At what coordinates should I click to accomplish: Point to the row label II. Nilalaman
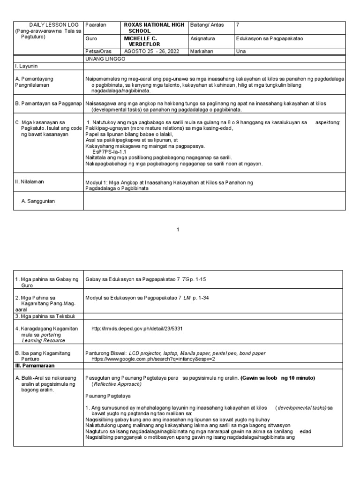click(29, 181)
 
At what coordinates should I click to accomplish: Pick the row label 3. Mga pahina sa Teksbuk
click(44, 317)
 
